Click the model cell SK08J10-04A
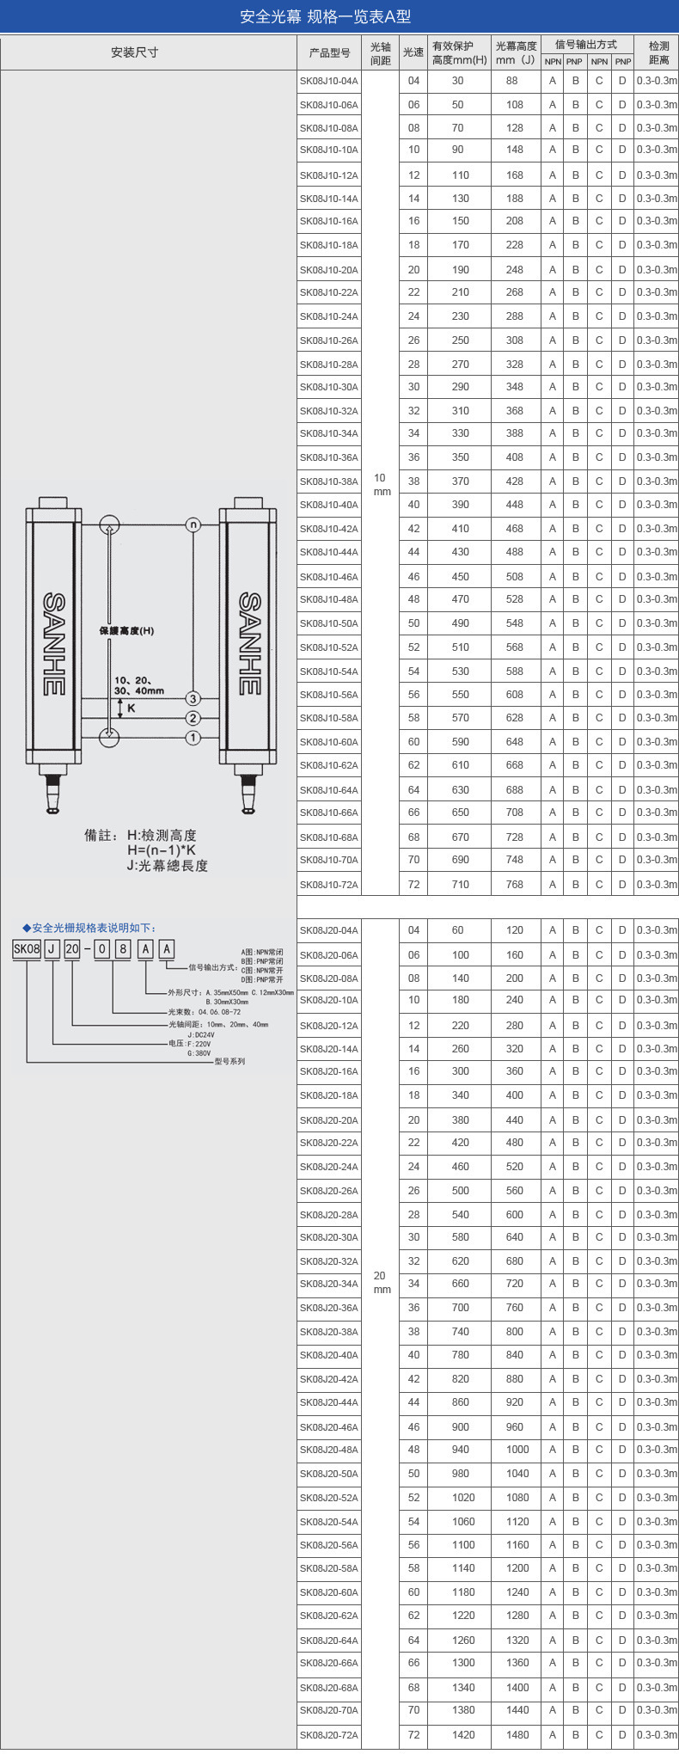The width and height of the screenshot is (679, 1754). point(329,81)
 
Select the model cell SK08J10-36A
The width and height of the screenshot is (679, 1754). point(329,457)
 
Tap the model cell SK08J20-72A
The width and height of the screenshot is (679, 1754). point(329,1735)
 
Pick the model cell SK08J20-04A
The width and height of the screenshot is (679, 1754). point(329,930)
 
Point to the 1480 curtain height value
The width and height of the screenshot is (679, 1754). point(517,1735)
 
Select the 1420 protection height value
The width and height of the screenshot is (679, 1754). point(463,1735)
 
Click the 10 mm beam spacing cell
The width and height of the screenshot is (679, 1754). point(381,484)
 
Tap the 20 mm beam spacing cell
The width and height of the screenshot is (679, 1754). point(381,1282)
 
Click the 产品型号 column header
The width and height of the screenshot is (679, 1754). point(330,52)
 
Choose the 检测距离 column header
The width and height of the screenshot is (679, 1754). point(658,52)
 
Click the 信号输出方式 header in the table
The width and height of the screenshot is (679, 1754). point(586,45)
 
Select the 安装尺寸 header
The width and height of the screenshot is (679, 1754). point(135,52)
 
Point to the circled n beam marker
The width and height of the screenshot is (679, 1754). point(193,524)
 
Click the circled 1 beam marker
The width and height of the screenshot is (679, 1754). point(193,738)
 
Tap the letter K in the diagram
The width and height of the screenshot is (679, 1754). point(132,708)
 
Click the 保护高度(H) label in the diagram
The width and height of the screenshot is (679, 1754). point(127,631)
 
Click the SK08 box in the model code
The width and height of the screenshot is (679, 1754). point(27,949)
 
